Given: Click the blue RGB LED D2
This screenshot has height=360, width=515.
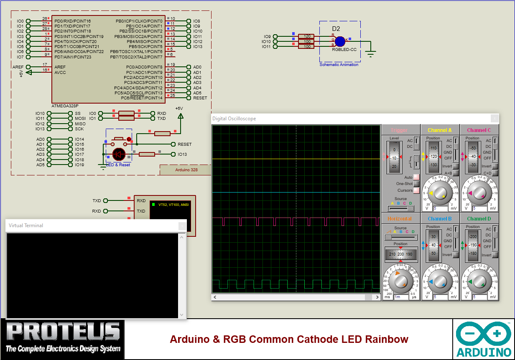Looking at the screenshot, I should click(x=340, y=41).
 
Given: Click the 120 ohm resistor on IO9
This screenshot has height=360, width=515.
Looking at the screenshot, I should click(x=306, y=36).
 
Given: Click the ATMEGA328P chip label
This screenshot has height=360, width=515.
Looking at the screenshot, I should click(x=65, y=106).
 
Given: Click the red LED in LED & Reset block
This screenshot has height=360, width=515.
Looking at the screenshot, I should click(x=119, y=154).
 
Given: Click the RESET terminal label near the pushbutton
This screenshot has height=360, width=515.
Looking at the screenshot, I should click(x=184, y=144).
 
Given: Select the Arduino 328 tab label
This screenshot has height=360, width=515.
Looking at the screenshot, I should click(x=186, y=170).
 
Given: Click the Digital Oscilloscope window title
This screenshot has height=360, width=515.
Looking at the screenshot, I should click(x=234, y=119).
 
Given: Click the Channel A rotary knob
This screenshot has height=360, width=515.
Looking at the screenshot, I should click(x=440, y=193).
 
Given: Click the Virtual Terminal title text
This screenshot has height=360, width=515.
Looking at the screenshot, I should click(x=26, y=226).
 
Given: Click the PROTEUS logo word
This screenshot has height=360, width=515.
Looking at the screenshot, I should click(x=63, y=332).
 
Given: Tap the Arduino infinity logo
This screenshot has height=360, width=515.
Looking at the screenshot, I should click(x=484, y=334).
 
